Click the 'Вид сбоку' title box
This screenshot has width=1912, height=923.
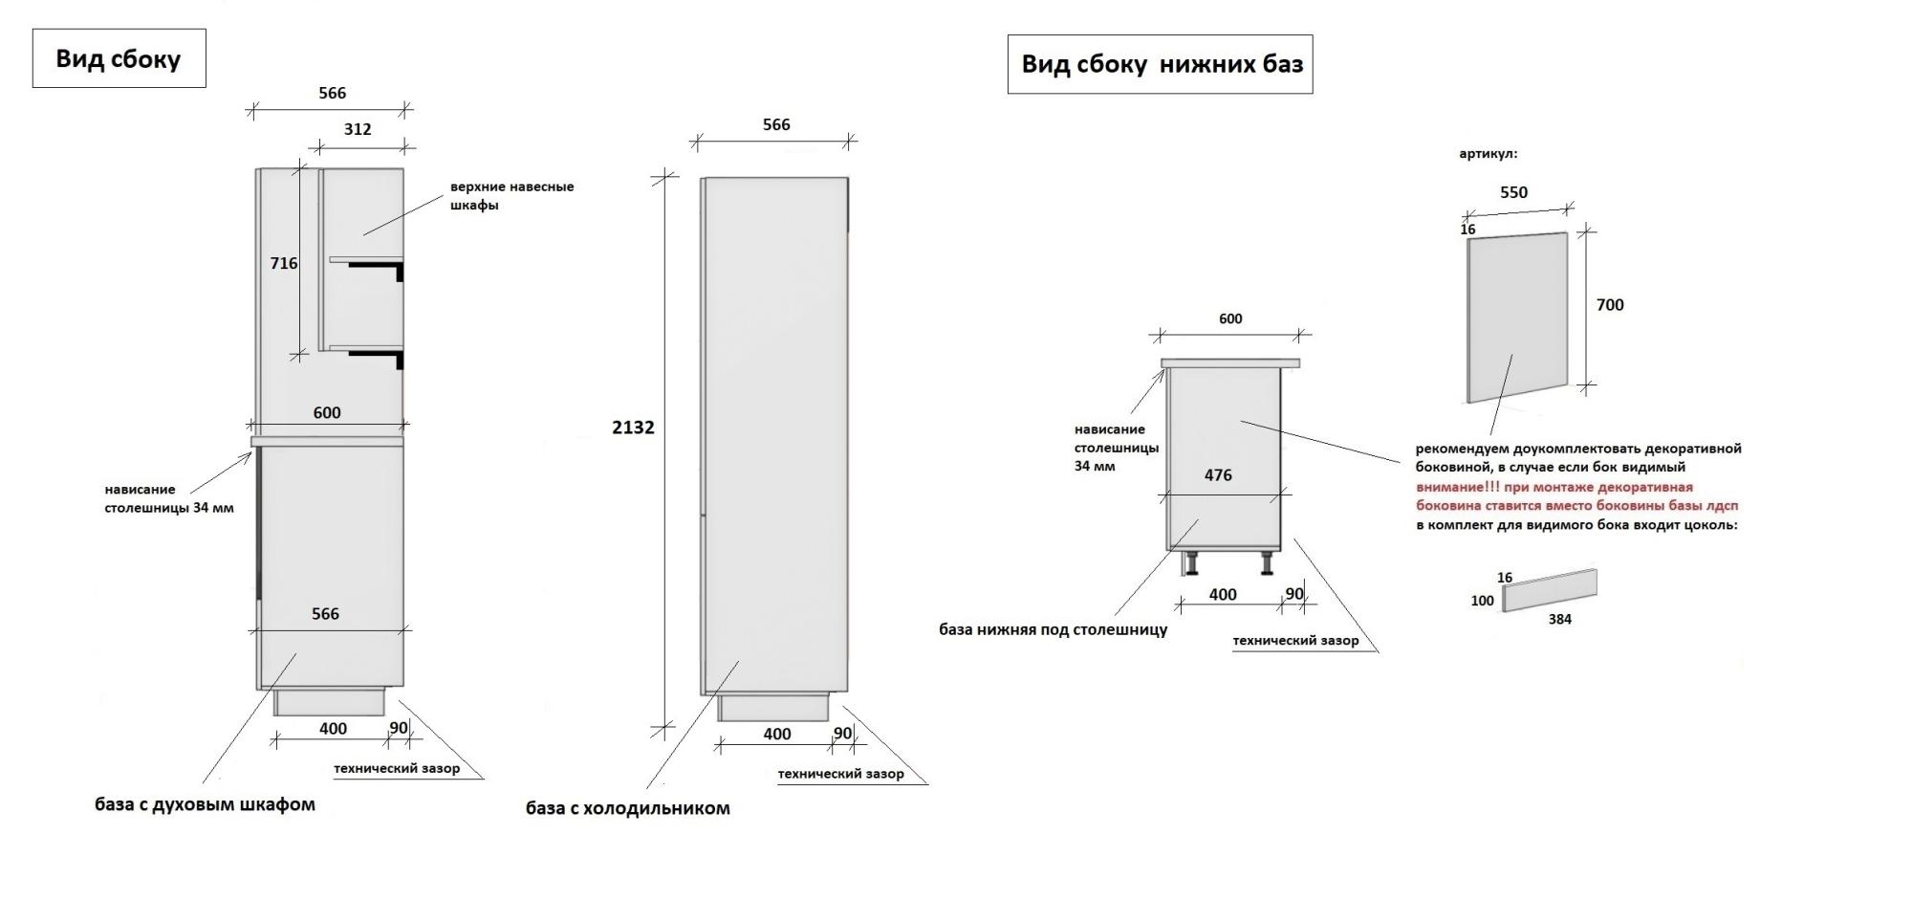pyautogui.click(x=119, y=58)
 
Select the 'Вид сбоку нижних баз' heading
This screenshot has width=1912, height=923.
pyautogui.click(x=1161, y=64)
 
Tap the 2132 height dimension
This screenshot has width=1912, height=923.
pyautogui.click(x=633, y=428)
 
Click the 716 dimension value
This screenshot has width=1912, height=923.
pyautogui.click(x=283, y=263)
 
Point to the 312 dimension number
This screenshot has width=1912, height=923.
pyautogui.click(x=357, y=129)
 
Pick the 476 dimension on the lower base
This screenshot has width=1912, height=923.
pyautogui.click(x=1217, y=475)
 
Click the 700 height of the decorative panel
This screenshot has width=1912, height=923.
pyautogui.click(x=1610, y=305)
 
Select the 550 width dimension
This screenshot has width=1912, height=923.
pyautogui.click(x=1513, y=192)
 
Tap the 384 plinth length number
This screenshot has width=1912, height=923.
pyautogui.click(x=1559, y=619)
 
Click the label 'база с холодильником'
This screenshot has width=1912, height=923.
pyautogui.click(x=627, y=808)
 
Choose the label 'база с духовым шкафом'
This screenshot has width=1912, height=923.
pyautogui.click(x=205, y=804)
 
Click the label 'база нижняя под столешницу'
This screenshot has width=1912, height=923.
pyautogui.click(x=1053, y=629)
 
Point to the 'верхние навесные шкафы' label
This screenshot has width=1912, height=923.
pyautogui.click(x=511, y=195)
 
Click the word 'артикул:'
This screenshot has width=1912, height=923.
pyautogui.click(x=1488, y=153)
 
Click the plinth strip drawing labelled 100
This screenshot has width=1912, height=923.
pyautogui.click(x=1549, y=590)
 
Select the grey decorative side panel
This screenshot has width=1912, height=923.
pyautogui.click(x=1517, y=316)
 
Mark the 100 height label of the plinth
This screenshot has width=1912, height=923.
pyautogui.click(x=1482, y=601)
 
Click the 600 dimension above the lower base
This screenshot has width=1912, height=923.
pyautogui.click(x=1230, y=319)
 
